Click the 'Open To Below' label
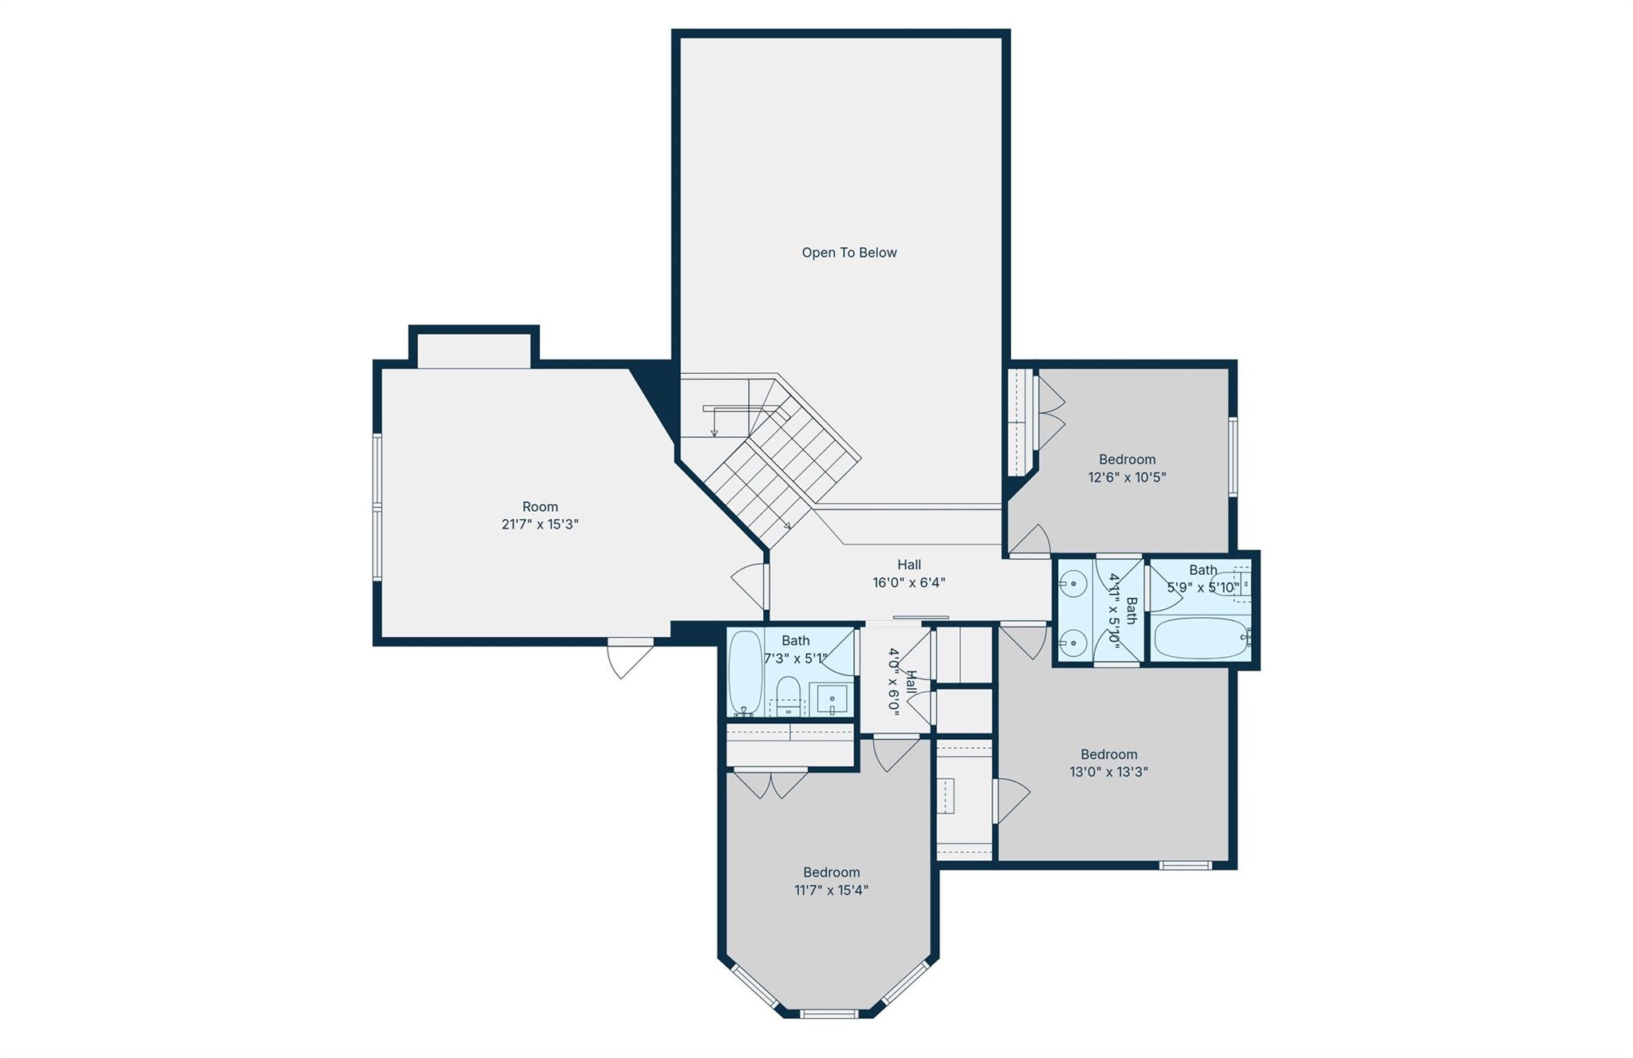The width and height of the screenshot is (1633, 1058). tap(849, 253)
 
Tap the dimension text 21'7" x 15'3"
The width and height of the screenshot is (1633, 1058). tap(540, 525)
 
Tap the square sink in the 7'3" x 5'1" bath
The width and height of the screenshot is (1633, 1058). tap(831, 699)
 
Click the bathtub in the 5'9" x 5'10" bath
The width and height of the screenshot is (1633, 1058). tap(1200, 639)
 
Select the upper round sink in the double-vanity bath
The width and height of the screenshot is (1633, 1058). tap(1073, 584)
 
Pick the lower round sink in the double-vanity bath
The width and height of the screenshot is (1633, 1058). tap(1073, 641)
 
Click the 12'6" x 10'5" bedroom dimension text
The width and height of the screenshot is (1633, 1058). tap(1127, 478)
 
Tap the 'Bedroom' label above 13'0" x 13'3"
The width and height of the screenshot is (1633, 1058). tap(1108, 754)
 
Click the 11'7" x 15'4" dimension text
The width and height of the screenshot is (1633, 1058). tap(831, 891)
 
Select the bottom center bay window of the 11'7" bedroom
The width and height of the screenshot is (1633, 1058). tap(828, 1014)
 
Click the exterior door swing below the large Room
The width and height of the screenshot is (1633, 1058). tap(630, 657)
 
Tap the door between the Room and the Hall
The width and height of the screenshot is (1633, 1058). tap(750, 586)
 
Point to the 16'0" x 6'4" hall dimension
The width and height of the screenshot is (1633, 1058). tap(909, 583)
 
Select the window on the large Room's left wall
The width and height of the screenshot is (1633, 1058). tap(377, 506)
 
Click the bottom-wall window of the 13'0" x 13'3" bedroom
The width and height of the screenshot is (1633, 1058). tap(1185, 865)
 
